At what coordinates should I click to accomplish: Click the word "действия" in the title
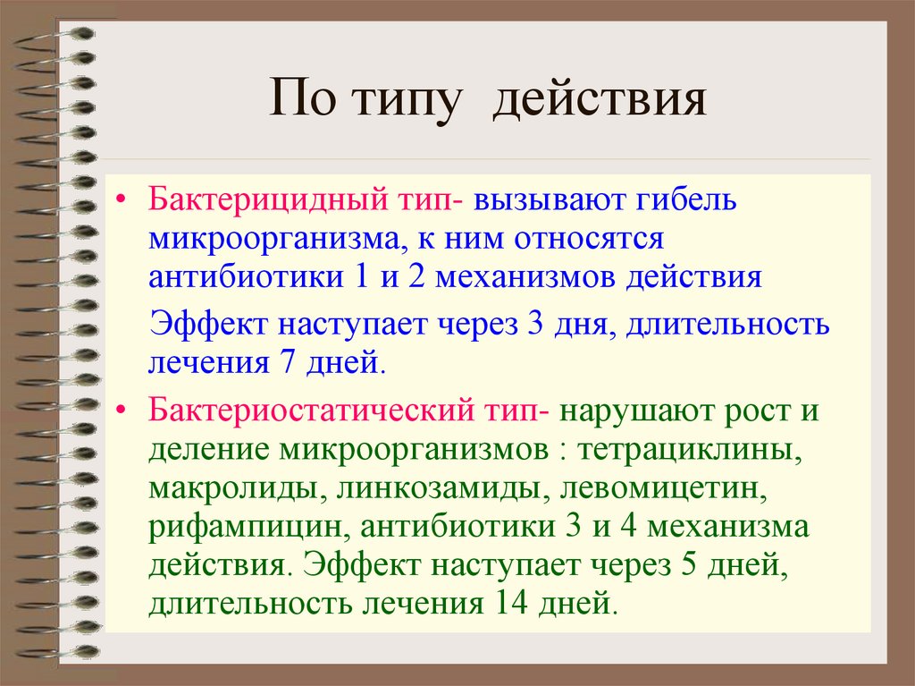tap(600, 100)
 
